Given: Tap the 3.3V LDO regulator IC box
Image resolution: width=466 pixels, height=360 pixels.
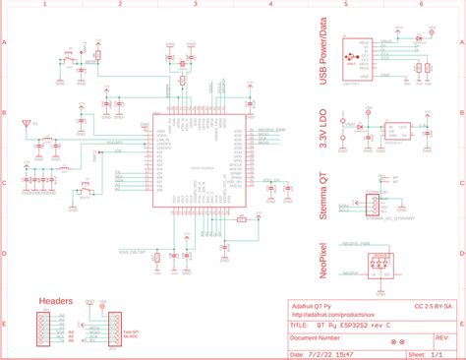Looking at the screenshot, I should pos(403,129).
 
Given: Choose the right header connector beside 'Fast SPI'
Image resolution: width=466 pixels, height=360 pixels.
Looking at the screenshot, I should pos(114,328).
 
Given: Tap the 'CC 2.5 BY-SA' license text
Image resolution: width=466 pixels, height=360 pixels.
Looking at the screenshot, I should pos(433,306).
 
